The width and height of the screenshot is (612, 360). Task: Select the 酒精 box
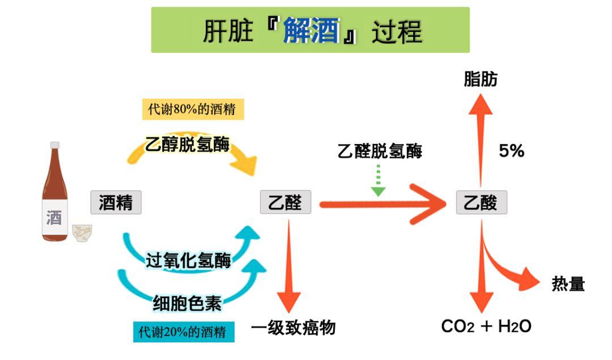point(116,202)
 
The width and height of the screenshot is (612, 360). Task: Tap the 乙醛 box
point(286,202)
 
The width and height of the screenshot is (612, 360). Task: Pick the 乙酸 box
point(481,202)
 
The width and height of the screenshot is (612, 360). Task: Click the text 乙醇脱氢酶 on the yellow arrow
point(188,144)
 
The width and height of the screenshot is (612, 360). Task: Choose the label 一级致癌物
point(294,328)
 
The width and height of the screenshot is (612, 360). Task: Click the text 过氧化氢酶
point(188,261)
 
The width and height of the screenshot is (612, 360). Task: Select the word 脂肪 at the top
point(481,79)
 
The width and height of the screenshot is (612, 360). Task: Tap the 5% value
point(511,151)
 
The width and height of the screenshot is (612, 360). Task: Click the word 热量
point(568,284)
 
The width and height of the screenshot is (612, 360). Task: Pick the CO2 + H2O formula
point(486,327)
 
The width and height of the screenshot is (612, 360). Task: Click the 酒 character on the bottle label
point(54,217)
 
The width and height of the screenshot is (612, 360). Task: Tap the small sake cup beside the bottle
point(82,232)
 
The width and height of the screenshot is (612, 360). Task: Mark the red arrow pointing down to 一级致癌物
point(290,266)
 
